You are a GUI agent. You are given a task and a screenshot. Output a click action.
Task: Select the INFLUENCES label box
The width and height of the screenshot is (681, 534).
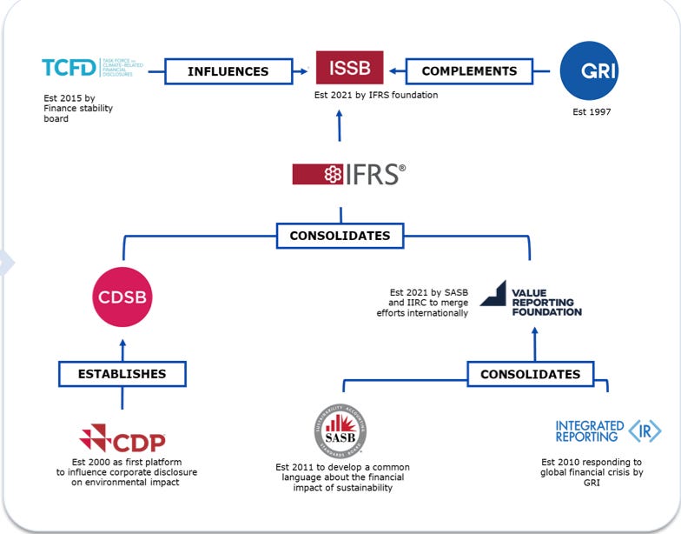click(228, 71)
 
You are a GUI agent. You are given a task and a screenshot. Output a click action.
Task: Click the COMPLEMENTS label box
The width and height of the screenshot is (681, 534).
click(469, 71)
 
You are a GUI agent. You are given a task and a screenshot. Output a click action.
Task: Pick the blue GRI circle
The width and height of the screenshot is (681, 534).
click(593, 70)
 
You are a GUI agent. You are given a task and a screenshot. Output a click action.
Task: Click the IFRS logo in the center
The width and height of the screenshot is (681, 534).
click(348, 174)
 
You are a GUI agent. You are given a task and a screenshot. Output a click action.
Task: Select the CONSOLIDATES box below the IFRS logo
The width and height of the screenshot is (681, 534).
click(340, 235)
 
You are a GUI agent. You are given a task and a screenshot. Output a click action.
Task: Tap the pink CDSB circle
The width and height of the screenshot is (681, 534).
click(122, 297)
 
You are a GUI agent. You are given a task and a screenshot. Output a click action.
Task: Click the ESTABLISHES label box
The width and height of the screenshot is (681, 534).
click(122, 374)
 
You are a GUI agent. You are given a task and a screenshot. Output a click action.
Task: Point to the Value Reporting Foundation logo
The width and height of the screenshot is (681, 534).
click(531, 298)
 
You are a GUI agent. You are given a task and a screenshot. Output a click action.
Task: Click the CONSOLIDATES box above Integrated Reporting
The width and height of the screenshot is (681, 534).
click(530, 374)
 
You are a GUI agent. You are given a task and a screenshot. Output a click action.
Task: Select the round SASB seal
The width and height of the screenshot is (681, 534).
click(340, 431)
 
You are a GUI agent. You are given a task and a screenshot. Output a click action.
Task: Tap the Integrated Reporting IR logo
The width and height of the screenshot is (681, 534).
click(608, 431)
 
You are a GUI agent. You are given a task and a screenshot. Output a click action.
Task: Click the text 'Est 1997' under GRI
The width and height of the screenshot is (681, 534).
click(593, 111)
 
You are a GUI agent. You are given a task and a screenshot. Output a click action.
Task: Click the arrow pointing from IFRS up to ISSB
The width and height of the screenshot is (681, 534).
click(340, 128)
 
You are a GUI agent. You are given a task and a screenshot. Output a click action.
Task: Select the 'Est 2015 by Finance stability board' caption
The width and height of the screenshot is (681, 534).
click(78, 109)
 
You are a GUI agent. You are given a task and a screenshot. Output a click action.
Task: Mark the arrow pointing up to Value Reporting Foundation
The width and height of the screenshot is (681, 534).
click(534, 341)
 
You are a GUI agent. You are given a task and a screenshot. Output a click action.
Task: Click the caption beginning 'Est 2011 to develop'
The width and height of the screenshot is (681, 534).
click(340, 477)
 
